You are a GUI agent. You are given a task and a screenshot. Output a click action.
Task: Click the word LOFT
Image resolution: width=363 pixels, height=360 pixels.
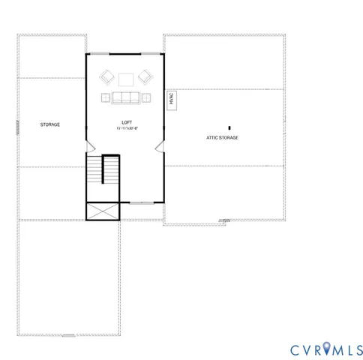127,122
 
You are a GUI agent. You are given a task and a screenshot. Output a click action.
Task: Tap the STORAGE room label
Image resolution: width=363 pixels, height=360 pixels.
50,124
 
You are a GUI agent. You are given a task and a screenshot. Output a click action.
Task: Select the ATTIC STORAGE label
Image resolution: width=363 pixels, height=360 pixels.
222,138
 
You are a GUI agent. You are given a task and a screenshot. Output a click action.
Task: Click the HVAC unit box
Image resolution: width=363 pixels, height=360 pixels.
172,100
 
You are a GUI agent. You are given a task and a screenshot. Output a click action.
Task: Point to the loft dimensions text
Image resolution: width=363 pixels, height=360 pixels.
127,129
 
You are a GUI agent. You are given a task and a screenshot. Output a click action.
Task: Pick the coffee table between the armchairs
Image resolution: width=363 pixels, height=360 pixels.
126,77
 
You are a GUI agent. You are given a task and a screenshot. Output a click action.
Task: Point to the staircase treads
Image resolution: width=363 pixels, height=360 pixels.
110,170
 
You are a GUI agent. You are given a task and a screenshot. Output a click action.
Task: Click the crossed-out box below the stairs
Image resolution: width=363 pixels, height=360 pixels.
103,212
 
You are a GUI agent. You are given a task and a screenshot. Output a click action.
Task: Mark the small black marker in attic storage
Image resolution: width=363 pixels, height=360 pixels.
229,128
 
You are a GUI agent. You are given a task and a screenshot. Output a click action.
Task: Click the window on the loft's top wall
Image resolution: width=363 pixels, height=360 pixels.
126,53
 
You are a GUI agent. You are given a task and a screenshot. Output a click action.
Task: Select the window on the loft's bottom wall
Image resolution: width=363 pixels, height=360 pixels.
139,202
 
